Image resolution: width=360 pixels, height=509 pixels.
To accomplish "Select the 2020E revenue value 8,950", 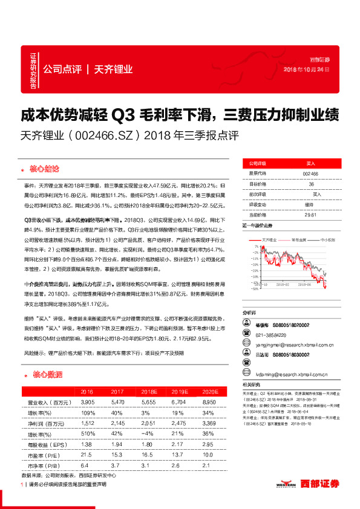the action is [x=210, y=401].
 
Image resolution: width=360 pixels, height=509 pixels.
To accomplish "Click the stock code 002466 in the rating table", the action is [x=310, y=173].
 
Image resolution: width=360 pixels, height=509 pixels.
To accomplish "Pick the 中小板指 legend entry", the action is [x=327, y=240].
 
